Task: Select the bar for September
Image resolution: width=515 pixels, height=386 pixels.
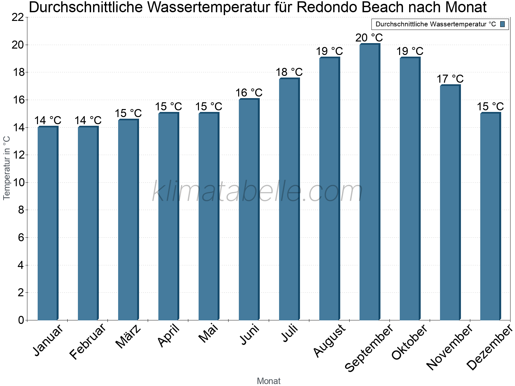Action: pos(370,182)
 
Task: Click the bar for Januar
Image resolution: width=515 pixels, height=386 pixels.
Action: pos(48,224)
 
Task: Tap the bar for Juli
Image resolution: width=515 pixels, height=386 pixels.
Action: pos(289,199)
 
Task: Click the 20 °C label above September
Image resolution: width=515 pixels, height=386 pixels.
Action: pos(369,38)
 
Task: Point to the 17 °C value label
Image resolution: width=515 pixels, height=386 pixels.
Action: pos(450,79)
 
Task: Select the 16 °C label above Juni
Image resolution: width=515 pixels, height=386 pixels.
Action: pos(249,93)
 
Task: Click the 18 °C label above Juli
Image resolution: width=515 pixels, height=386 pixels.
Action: pos(289,72)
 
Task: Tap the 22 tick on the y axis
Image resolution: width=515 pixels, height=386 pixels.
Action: pos(18,17)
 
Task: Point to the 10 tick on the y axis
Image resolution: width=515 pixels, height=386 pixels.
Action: pos(18,183)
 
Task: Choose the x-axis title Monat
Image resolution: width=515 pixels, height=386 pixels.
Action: pos(268,381)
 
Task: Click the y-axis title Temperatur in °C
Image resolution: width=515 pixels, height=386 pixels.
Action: pos(7,168)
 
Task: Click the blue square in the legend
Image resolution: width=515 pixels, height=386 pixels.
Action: pos(503,24)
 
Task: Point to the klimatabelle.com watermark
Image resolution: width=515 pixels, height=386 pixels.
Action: pos(257,192)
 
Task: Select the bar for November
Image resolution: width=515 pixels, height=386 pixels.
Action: pos(450,203)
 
